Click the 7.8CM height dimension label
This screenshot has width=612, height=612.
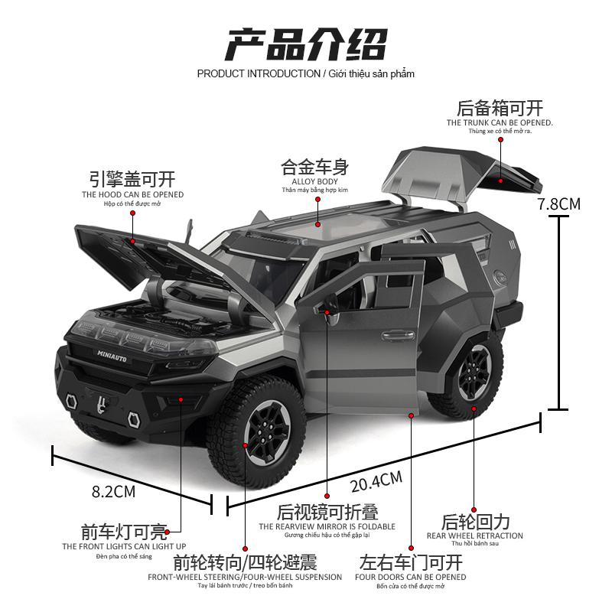pos(559,204)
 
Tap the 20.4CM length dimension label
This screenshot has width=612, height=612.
pos(376,482)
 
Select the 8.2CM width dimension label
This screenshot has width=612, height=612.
pos(113,492)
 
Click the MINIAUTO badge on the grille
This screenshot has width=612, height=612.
pos(112,356)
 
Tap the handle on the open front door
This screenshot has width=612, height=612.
pos(398,334)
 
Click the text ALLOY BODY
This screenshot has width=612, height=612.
pos(314,181)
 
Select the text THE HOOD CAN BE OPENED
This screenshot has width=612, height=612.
pos(132,194)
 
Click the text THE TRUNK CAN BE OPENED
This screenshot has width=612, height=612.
pos(500,122)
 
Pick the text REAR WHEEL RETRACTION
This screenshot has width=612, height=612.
pos(474,536)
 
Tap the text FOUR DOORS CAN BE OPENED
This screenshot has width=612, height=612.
pos(411,577)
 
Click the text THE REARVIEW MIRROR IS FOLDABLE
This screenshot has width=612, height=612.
pos(327,526)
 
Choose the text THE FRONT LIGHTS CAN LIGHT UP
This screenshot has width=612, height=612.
pos(124,546)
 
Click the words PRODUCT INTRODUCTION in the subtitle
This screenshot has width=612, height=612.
pos(259,73)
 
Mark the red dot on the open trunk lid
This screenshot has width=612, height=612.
pos(501,181)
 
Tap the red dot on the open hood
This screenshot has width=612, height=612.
pos(132,242)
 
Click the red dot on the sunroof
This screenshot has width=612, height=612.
pos(318,225)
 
